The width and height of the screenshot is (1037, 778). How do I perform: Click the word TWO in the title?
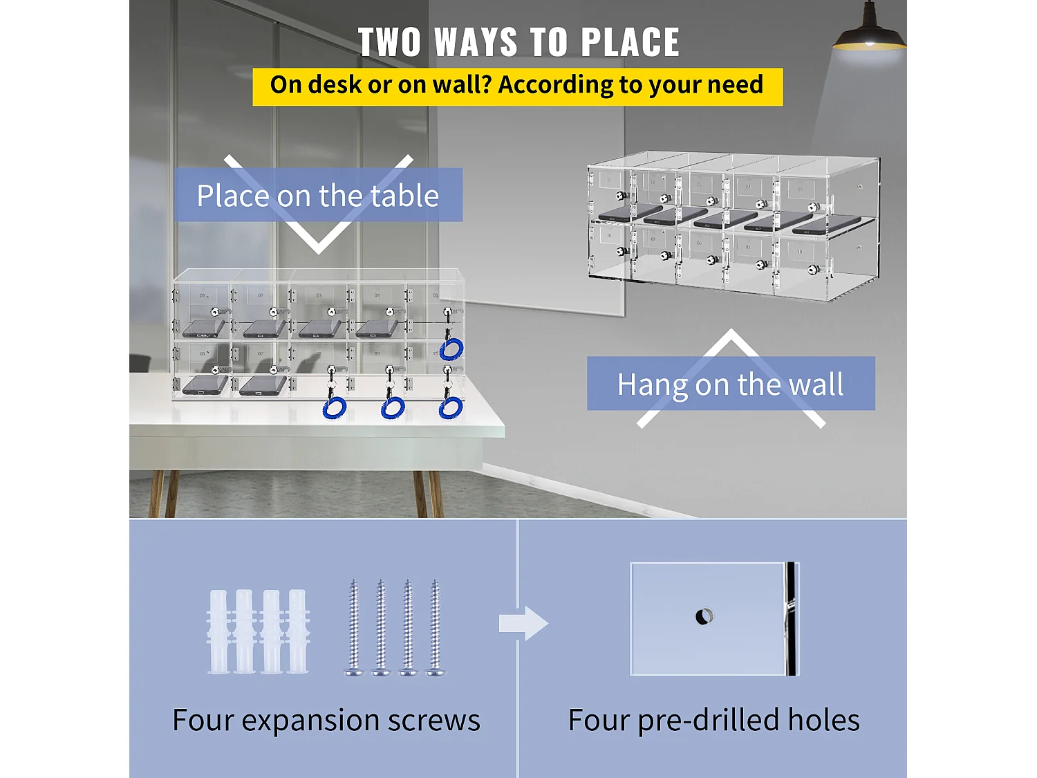(389, 42)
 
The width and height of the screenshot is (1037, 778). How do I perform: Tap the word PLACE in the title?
(630, 42)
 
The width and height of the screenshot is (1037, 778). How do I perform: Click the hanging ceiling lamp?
(869, 29)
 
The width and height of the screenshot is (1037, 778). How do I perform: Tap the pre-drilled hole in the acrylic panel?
(705, 616)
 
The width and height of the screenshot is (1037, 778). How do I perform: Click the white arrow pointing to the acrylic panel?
(523, 624)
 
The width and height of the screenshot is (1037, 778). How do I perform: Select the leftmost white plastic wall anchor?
(218, 631)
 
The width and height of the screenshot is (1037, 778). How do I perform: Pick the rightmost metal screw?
(435, 627)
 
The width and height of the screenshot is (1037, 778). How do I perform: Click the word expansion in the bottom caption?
(311, 721)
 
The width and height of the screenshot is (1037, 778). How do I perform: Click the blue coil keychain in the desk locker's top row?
(451, 349)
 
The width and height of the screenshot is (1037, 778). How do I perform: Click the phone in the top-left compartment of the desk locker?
(204, 328)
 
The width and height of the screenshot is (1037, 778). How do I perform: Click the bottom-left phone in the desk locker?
(205, 385)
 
